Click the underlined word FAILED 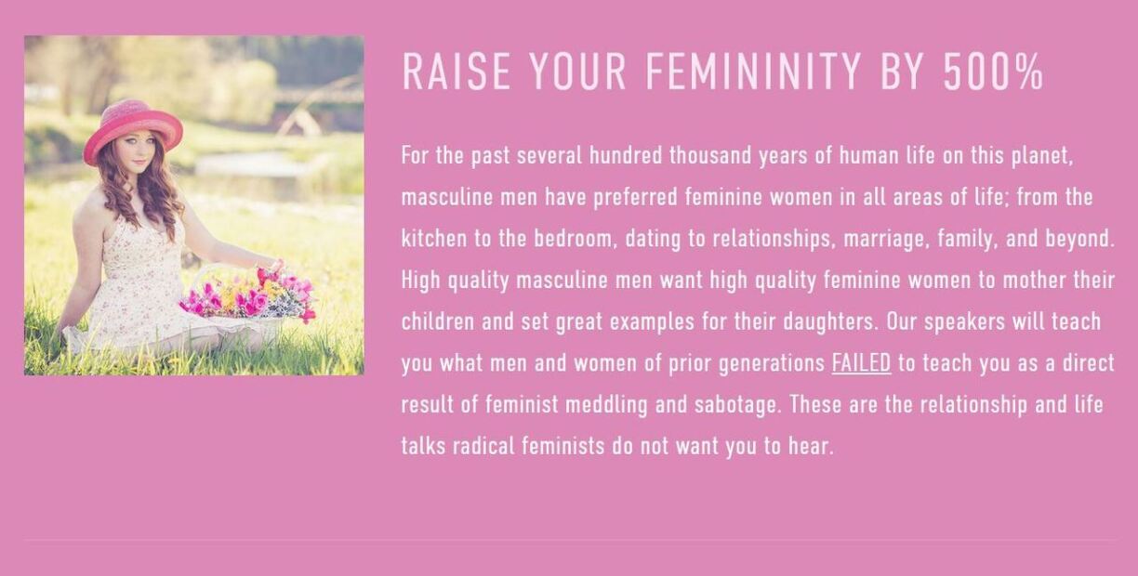(x=861, y=363)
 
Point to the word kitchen (x=434, y=239)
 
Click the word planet (x=1042, y=156)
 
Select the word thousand (x=710, y=155)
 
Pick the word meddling (x=606, y=405)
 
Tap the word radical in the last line (x=483, y=447)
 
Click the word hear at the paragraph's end (x=811, y=447)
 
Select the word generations (x=772, y=364)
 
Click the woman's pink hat (x=133, y=131)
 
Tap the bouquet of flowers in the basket (x=248, y=295)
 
